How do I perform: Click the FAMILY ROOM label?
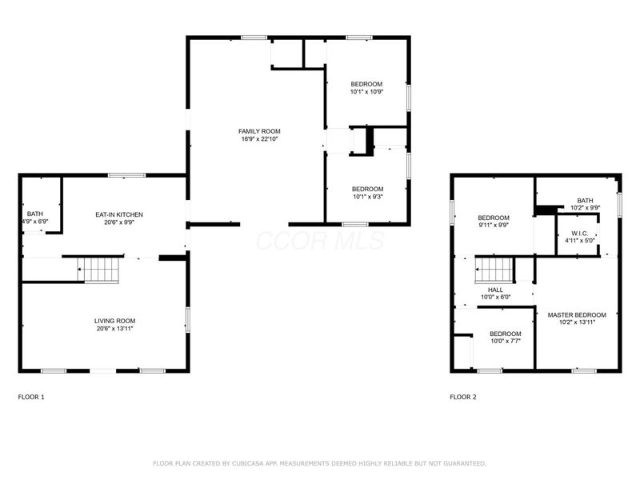[259, 131]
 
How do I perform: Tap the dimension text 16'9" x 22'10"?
[259, 139]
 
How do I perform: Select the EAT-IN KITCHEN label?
[119, 214]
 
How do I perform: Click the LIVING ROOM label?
[115, 320]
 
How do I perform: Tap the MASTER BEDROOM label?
[577, 314]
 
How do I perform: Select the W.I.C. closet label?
[579, 233]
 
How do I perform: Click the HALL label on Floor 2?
[494, 290]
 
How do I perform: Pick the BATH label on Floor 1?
[35, 214]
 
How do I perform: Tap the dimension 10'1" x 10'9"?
[366, 92]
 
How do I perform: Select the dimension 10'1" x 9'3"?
[368, 197]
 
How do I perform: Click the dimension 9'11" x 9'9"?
[494, 226]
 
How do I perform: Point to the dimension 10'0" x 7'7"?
[506, 341]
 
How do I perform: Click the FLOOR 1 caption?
[31, 397]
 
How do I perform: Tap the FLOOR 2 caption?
[463, 397]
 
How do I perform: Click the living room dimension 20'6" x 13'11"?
[115, 328]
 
